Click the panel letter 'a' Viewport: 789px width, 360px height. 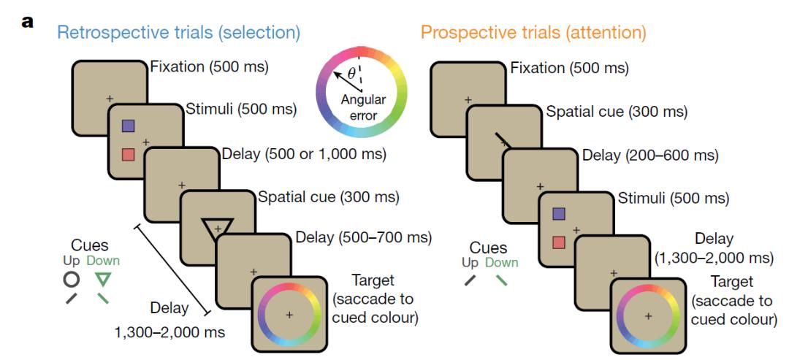pyautogui.click(x=28, y=21)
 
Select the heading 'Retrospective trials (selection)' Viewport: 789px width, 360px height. pyautogui.click(x=179, y=33)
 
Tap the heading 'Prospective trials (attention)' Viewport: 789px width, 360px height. pyautogui.click(x=533, y=33)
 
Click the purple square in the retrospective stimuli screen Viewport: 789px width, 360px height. pyautogui.click(x=129, y=126)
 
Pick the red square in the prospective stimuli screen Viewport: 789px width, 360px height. pyautogui.click(x=558, y=242)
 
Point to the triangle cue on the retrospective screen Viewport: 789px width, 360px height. pyautogui.click(x=217, y=229)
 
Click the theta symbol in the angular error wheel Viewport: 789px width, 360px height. pyautogui.click(x=351, y=73)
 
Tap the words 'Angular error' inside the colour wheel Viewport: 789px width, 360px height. pyautogui.click(x=362, y=107)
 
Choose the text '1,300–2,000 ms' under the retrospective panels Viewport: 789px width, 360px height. pyautogui.click(x=169, y=333)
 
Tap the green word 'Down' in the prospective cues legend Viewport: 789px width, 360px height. pyautogui.click(x=502, y=263)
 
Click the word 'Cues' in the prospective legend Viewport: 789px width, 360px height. pyautogui.click(x=488, y=248)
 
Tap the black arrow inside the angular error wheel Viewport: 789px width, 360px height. pyautogui.click(x=342, y=79)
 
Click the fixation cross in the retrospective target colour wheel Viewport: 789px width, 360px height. pyautogui.click(x=289, y=314)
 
